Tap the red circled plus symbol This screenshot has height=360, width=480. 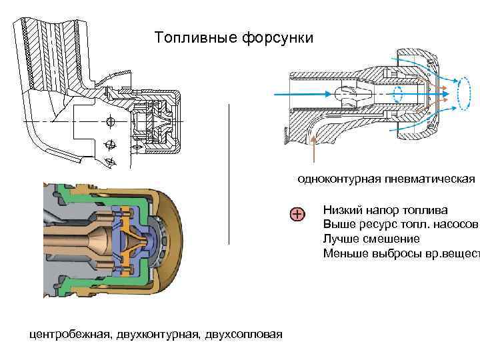(x=297, y=214)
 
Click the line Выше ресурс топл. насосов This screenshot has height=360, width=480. (x=400, y=224)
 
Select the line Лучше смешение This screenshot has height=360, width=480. (x=371, y=238)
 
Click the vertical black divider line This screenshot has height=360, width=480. (x=229, y=173)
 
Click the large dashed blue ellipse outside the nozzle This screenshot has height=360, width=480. (x=463, y=93)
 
